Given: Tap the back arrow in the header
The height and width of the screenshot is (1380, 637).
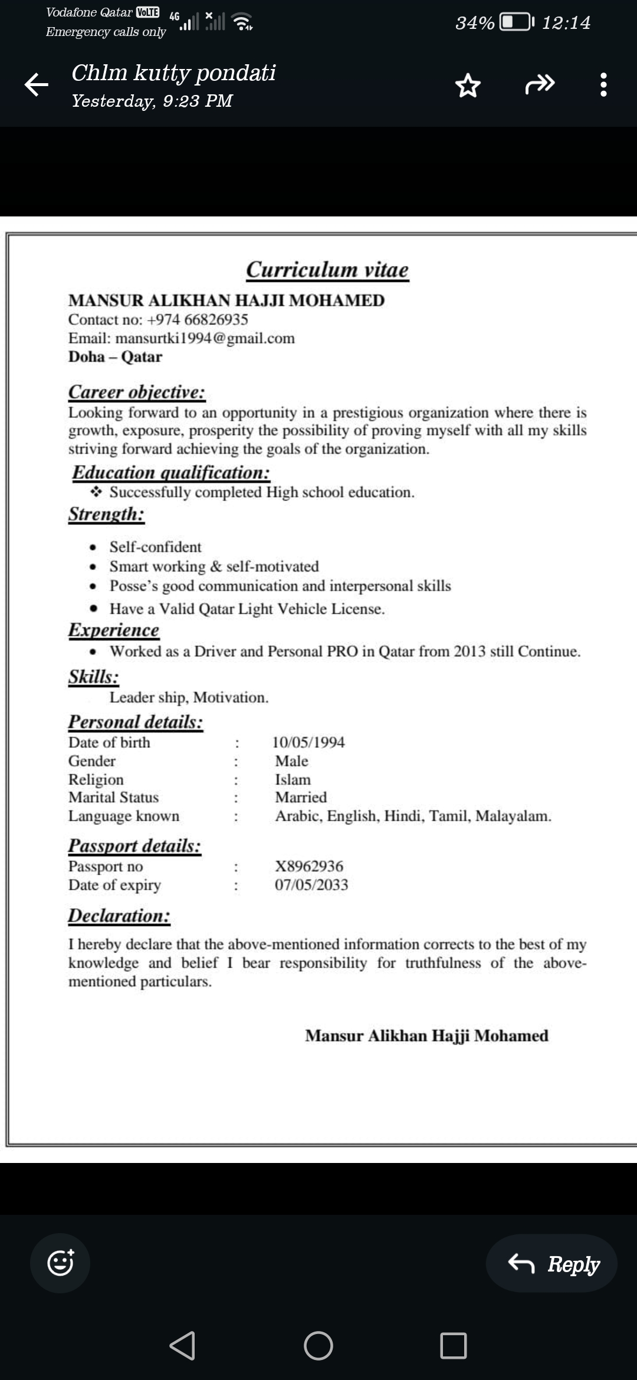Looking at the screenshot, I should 36,85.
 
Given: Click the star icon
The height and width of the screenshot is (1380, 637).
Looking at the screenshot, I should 468,86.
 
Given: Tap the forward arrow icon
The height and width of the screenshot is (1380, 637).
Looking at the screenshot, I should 540,85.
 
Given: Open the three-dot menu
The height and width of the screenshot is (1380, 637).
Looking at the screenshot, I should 603,85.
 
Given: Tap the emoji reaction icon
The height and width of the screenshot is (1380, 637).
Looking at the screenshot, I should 60,1263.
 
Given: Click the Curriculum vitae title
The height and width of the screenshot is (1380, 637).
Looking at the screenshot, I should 327,270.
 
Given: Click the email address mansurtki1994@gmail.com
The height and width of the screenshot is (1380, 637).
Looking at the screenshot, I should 205,339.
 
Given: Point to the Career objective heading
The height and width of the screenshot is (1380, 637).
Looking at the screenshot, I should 137,392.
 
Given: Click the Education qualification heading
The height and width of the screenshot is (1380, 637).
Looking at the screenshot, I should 171,473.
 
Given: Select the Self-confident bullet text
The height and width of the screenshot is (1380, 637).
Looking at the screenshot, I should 155,547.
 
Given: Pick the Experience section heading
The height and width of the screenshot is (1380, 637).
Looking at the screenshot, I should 114,630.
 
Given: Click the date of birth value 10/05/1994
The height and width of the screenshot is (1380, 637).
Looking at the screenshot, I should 308,742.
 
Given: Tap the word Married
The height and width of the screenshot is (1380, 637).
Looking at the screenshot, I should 301,797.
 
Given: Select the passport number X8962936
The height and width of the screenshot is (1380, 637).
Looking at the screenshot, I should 309,866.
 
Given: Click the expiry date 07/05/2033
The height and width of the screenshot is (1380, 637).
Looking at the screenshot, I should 311,885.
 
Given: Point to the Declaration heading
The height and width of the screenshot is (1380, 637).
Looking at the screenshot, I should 119,916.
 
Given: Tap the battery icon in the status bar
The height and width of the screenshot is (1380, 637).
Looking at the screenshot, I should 516,22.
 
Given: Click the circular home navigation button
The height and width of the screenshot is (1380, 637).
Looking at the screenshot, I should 318,1346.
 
